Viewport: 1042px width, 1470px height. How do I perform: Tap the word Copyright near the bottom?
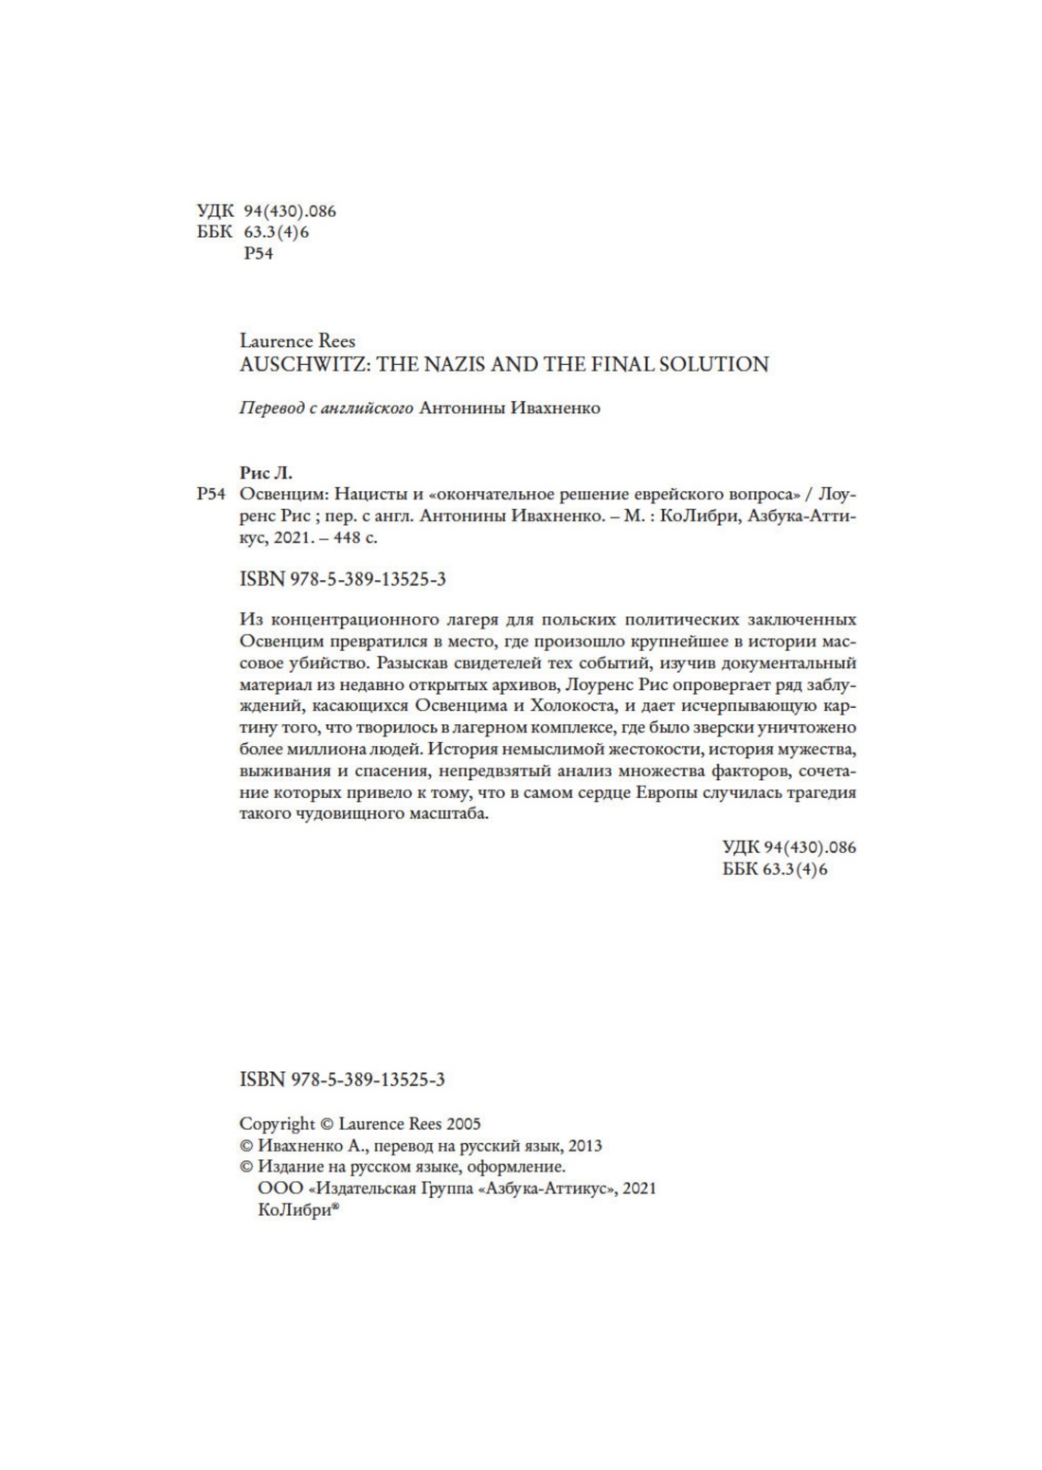[x=278, y=1124]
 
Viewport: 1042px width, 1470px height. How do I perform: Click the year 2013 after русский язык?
[x=584, y=1146]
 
